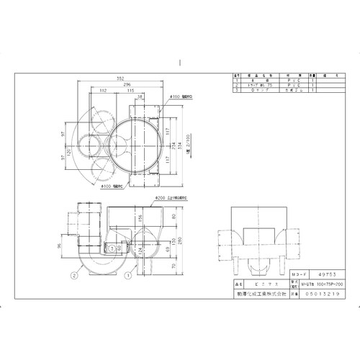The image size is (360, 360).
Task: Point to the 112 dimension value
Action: tap(104, 91)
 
